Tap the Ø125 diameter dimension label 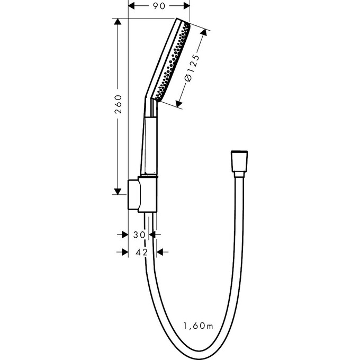point(192,68)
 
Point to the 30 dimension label point(139,234)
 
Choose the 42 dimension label point(141,252)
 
